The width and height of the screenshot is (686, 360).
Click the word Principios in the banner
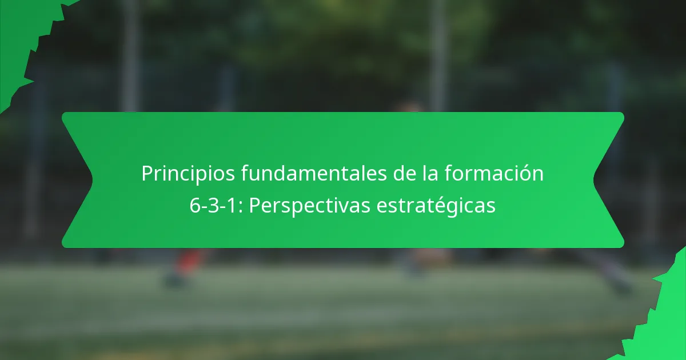(176, 174)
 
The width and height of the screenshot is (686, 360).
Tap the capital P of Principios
(147, 174)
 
